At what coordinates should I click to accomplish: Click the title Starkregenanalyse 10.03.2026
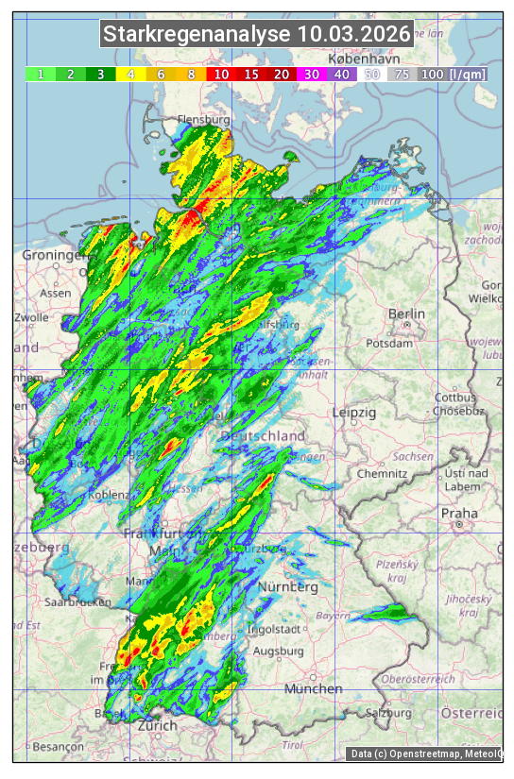(257, 35)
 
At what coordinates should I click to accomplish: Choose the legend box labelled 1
(41, 74)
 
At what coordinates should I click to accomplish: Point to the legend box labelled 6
(161, 74)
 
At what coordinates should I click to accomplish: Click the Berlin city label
(407, 314)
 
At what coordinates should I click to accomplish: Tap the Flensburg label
(203, 121)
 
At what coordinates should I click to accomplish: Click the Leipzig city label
(354, 413)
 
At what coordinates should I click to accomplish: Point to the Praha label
(459, 514)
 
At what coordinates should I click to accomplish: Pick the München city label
(313, 689)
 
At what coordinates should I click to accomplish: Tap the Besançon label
(58, 746)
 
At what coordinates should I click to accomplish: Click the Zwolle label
(31, 317)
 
